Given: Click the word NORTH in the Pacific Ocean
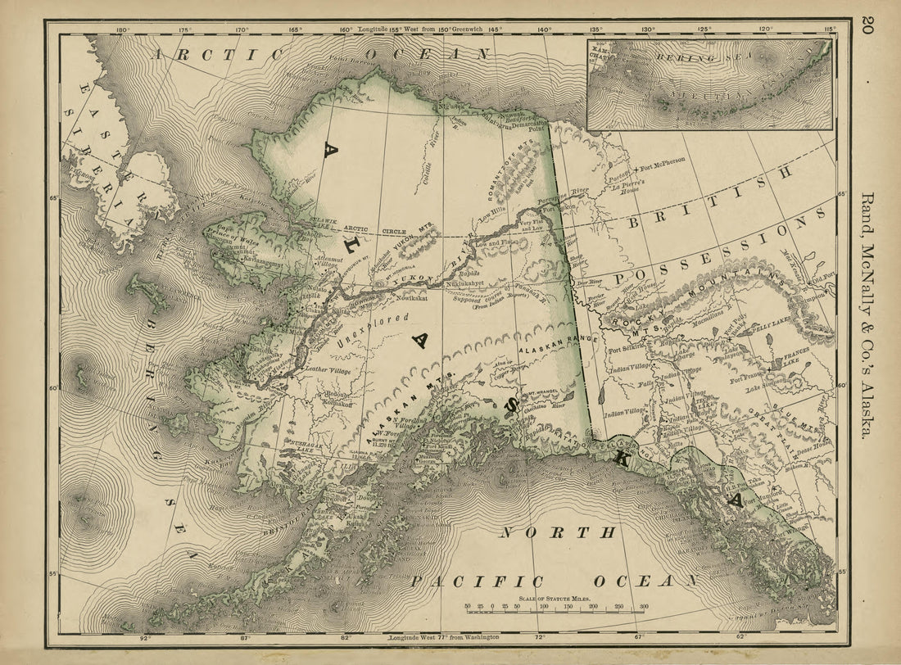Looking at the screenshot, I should point(558,533).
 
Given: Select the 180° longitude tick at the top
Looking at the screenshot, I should point(123,30).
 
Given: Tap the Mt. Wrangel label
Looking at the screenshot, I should point(539,393).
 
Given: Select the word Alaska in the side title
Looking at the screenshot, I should point(867,409).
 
